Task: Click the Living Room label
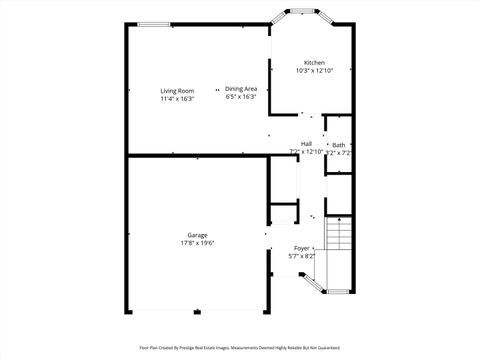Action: [177, 91]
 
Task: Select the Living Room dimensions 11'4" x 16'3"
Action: [177, 99]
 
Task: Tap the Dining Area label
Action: [241, 89]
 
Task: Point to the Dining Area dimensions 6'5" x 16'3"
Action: [241, 97]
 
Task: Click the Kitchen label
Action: [314, 63]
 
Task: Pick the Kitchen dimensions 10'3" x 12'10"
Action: [314, 71]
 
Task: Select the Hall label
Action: [306, 144]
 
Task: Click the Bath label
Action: [339, 145]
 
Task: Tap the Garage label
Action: [197, 235]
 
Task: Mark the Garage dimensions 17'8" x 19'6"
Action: [197, 243]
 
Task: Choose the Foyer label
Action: [302, 248]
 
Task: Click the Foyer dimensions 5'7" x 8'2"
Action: [302, 256]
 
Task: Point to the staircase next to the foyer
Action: [340, 236]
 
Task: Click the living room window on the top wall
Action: [153, 25]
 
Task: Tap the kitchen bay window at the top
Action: [301, 11]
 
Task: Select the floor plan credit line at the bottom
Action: [240, 348]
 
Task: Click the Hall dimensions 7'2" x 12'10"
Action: [305, 152]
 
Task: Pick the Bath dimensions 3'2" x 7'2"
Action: [340, 153]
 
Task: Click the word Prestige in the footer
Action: [203, 348]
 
